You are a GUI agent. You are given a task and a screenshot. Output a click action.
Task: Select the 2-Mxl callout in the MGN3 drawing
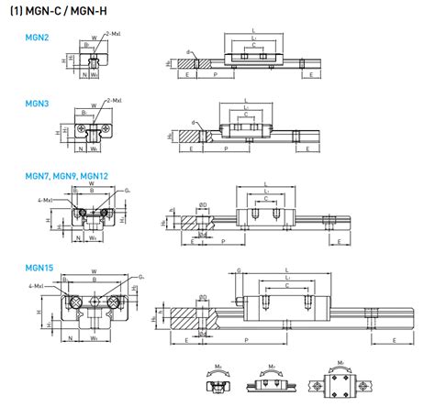[117, 100]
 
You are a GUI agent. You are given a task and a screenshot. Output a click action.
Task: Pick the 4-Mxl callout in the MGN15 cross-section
[39, 287]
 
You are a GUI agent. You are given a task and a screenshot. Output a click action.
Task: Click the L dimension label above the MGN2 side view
[252, 30]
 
